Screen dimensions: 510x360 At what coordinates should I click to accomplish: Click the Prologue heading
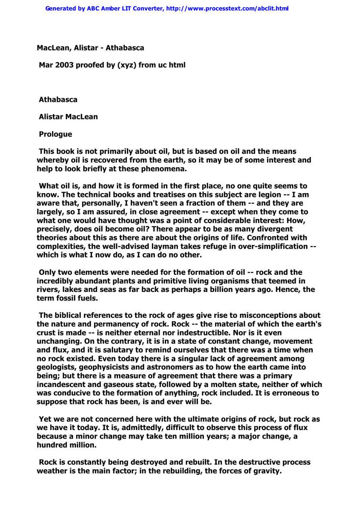pos(55,134)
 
